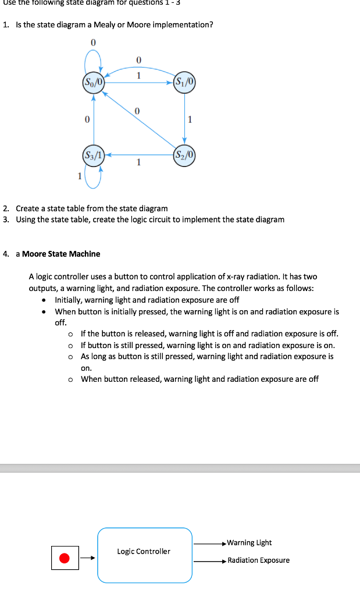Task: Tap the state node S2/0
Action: click(184, 155)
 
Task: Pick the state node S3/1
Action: click(93, 155)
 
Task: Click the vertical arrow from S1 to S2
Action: click(184, 119)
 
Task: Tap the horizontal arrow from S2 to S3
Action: click(138, 155)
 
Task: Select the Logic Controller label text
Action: click(144, 551)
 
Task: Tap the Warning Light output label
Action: click(249, 542)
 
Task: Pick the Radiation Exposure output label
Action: click(258, 560)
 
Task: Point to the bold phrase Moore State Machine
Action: click(61, 254)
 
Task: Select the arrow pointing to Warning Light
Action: click(209, 543)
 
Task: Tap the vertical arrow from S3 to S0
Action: click(93, 119)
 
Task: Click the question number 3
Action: click(5, 219)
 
